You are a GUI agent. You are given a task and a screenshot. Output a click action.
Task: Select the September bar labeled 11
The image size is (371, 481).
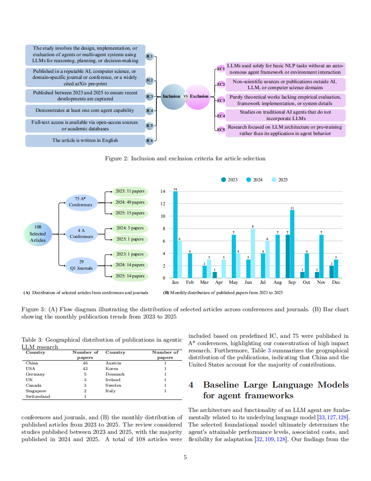(x=292, y=244)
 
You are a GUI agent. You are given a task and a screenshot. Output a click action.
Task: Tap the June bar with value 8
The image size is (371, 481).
(x=253, y=253)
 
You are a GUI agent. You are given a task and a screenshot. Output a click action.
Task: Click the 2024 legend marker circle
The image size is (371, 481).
(x=248, y=180)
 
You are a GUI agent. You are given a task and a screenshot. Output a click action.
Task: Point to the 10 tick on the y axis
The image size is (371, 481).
(x=163, y=216)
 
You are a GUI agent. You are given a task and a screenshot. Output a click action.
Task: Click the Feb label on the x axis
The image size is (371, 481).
(x=190, y=283)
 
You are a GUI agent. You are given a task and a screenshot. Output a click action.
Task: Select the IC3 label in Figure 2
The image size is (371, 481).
(x=150, y=96)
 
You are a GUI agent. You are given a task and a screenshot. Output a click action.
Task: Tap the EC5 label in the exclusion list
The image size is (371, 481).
(x=220, y=129)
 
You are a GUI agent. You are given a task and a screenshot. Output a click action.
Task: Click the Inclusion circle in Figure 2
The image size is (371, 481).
(x=171, y=96)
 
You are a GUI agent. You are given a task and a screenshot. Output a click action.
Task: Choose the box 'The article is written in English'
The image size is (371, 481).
(x=85, y=141)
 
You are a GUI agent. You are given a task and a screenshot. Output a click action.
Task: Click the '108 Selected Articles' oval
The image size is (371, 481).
(x=38, y=234)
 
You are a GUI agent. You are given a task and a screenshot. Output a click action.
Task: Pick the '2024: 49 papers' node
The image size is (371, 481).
(x=130, y=202)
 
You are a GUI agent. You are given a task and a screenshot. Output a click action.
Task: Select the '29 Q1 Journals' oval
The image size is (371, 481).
(x=81, y=265)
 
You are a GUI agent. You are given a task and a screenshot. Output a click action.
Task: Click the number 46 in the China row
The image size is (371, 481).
(x=85, y=363)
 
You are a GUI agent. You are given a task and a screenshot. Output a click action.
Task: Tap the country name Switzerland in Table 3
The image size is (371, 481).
(x=38, y=397)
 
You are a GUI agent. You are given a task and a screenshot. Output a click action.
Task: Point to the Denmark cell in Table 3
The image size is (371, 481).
(x=115, y=374)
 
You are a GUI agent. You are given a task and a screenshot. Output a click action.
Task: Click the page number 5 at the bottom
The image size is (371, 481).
(x=185, y=458)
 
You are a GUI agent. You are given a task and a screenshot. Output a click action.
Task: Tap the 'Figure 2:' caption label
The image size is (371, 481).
(x=117, y=159)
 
